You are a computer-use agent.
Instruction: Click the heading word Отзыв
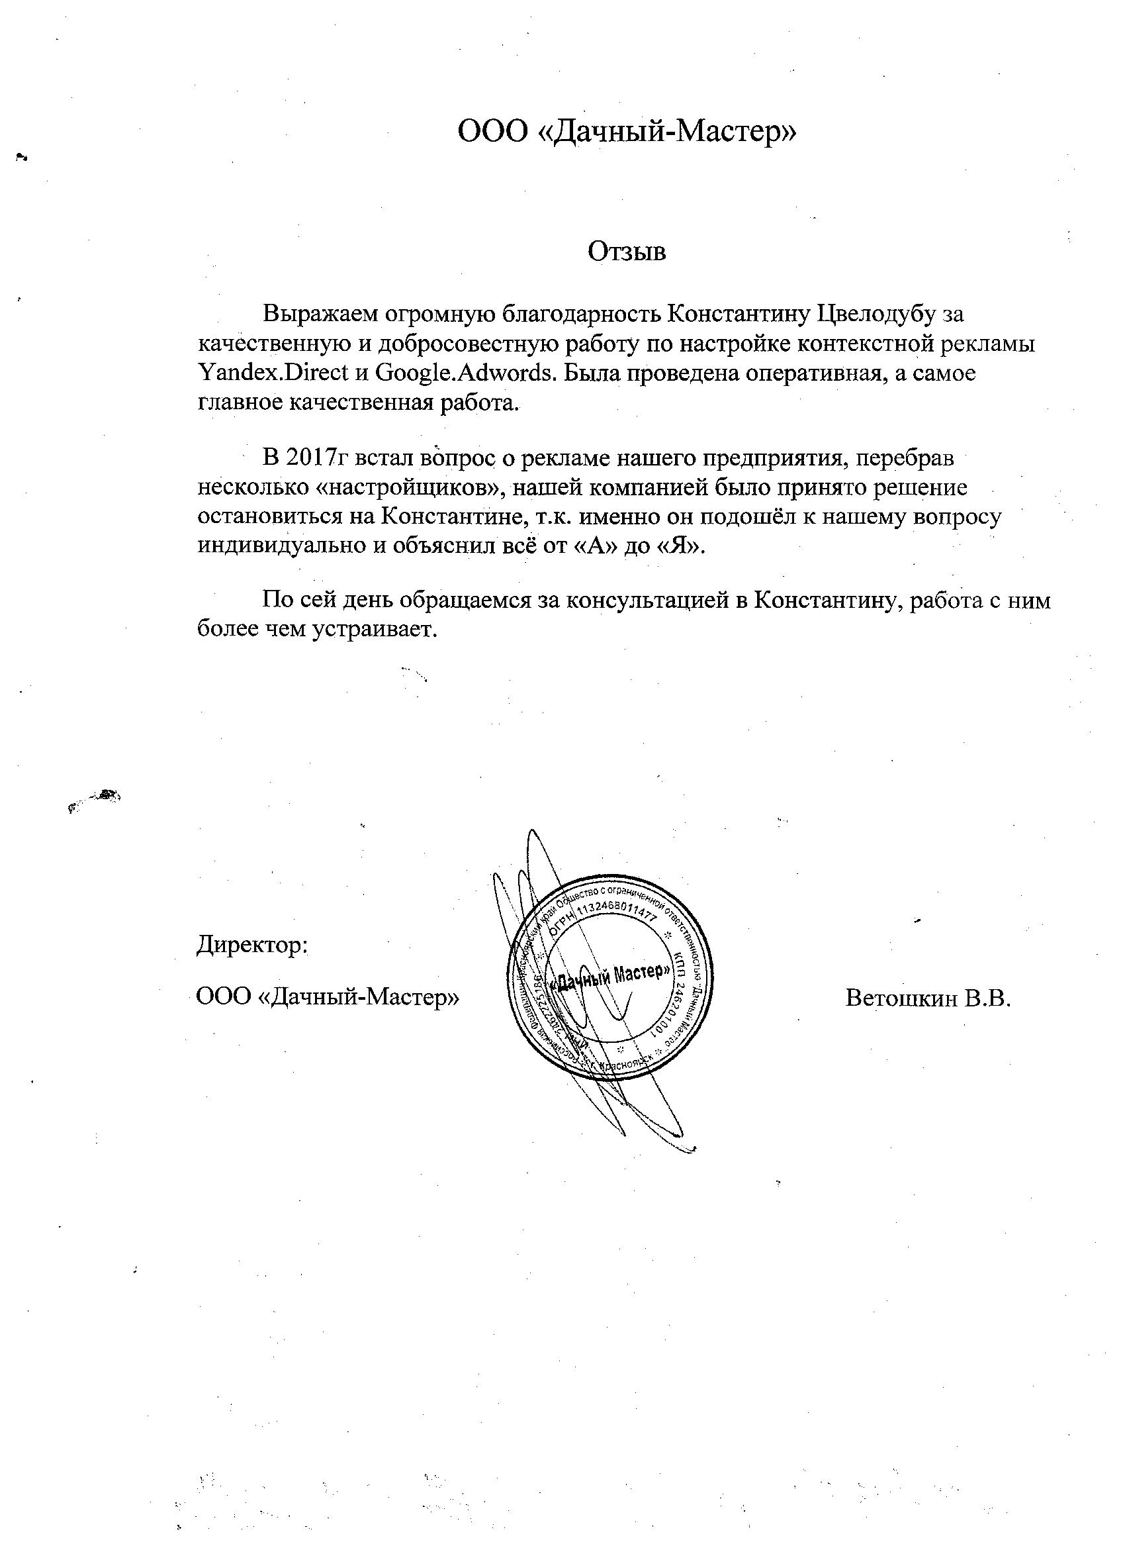tap(627, 252)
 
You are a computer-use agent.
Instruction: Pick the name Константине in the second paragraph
tap(455, 516)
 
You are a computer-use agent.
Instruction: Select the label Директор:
tap(252, 946)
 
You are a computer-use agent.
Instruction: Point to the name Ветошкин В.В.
tap(927, 998)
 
